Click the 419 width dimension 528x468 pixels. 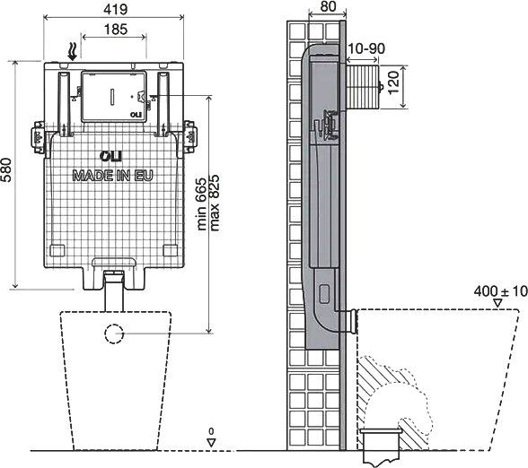pos(116,9)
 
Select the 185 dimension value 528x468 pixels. pos(116,30)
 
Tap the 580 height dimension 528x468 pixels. pos(6,169)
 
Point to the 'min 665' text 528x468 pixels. pos(201,204)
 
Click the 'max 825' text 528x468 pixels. pos(215,203)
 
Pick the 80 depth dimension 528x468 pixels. pos(328,6)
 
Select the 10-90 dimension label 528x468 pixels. pos(366,48)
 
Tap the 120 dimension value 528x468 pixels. pos(394,82)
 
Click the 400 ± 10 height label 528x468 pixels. pos(501,291)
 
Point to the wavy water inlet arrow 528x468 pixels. pos(73,52)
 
